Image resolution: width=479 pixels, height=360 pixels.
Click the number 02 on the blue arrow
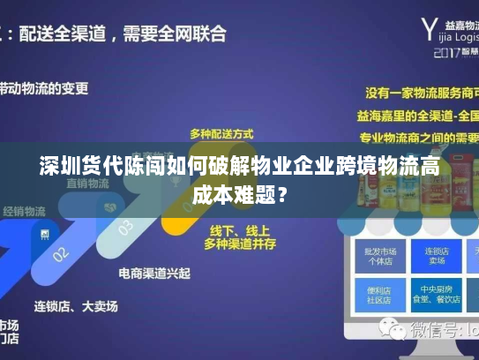point(61,254)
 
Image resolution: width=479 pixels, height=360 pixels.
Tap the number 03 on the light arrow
point(125,228)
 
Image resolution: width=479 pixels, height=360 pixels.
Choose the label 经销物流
point(24,211)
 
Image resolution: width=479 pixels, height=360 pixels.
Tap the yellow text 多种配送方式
point(221,133)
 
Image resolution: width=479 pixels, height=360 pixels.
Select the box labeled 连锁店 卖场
point(435,257)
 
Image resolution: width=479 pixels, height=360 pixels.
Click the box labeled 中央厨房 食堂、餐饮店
point(435,292)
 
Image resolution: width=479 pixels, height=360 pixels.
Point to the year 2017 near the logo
point(448,52)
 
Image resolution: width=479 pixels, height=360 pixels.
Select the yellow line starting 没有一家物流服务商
point(421,92)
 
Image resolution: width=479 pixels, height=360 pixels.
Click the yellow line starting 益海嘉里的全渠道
point(421,115)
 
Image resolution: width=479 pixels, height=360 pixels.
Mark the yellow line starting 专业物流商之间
point(421,138)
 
